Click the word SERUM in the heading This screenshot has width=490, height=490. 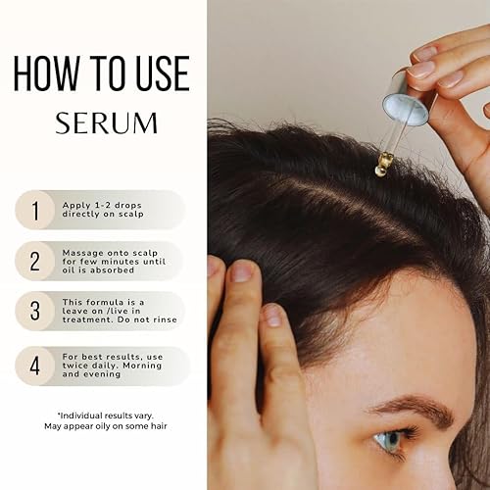pos(106,123)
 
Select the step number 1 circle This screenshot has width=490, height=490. pos(35,208)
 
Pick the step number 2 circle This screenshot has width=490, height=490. pos(35,261)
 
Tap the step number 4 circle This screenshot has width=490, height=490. pos(35,367)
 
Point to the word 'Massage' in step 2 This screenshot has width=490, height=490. pos(78,252)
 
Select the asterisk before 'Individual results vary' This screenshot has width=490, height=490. pos(59,416)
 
